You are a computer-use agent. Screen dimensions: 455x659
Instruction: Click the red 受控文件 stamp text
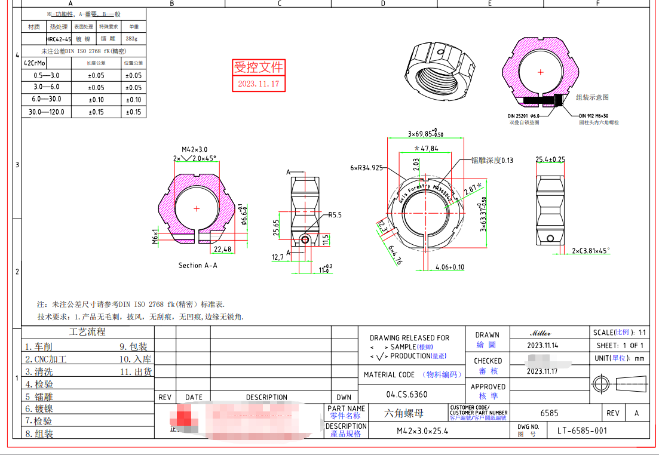click(258, 67)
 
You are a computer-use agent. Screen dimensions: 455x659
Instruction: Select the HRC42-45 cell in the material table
click(59, 39)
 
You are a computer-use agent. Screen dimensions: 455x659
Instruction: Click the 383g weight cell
click(131, 39)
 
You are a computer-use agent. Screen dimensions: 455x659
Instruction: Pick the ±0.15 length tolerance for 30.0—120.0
click(96, 112)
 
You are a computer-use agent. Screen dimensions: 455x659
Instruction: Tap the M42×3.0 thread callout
click(195, 149)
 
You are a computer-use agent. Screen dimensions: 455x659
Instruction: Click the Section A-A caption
click(198, 265)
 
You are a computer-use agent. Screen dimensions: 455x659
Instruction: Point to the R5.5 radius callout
click(335, 215)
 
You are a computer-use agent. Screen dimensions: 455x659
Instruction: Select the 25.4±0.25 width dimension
click(550, 159)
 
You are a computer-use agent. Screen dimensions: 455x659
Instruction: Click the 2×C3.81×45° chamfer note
click(591, 251)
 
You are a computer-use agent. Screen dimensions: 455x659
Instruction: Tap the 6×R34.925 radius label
click(366, 168)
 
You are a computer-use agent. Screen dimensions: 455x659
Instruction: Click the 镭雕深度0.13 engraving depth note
click(492, 160)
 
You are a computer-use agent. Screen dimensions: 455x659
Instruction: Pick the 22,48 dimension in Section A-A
click(222, 249)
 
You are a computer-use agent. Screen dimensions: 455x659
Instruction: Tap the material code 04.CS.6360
click(406, 394)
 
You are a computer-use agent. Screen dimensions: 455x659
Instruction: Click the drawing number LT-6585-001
click(582, 431)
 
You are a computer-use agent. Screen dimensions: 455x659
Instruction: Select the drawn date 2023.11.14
click(542, 345)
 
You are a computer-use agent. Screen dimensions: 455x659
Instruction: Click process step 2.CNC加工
click(46, 359)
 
